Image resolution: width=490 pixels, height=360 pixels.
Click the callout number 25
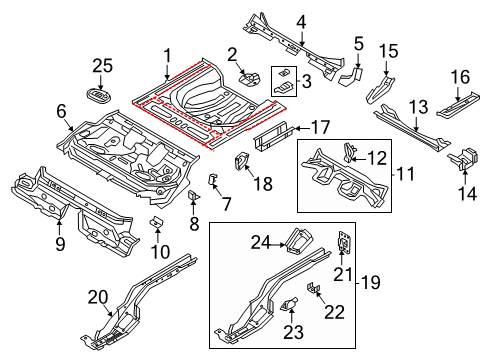102,66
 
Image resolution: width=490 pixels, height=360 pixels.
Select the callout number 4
301,23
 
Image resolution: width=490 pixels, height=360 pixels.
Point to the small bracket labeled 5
351,76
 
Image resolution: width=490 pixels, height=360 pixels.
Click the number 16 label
460,77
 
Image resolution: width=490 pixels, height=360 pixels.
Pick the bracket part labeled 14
464,158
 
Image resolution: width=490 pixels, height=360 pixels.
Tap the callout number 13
419,107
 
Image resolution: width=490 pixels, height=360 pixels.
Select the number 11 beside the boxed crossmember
405,174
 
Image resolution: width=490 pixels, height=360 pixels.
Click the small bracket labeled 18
242,160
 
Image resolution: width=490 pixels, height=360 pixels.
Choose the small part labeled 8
194,195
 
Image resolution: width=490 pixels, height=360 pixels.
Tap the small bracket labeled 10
157,222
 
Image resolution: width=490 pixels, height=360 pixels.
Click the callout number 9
60,245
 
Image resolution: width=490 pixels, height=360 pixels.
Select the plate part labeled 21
343,241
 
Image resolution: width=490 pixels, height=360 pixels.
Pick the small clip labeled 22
314,287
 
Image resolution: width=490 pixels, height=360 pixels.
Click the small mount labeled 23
289,304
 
